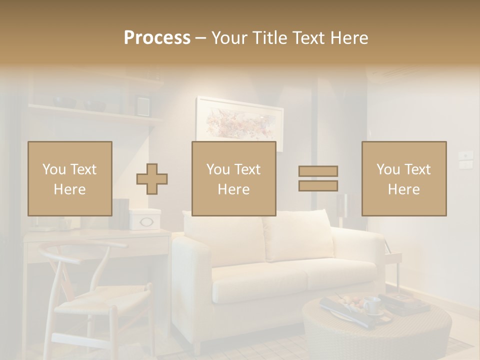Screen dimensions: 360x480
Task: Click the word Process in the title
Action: tap(157, 38)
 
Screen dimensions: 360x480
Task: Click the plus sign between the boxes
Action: tap(152, 178)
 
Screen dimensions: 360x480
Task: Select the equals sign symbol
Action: tap(318, 178)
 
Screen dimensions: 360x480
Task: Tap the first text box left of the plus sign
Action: tap(70, 178)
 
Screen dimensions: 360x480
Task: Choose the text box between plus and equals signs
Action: tap(234, 178)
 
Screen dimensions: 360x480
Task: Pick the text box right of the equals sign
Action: tap(404, 178)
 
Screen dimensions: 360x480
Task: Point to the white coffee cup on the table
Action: tap(371, 304)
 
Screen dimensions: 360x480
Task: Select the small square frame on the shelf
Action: tap(142, 105)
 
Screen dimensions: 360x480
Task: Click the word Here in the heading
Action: tap(348, 38)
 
